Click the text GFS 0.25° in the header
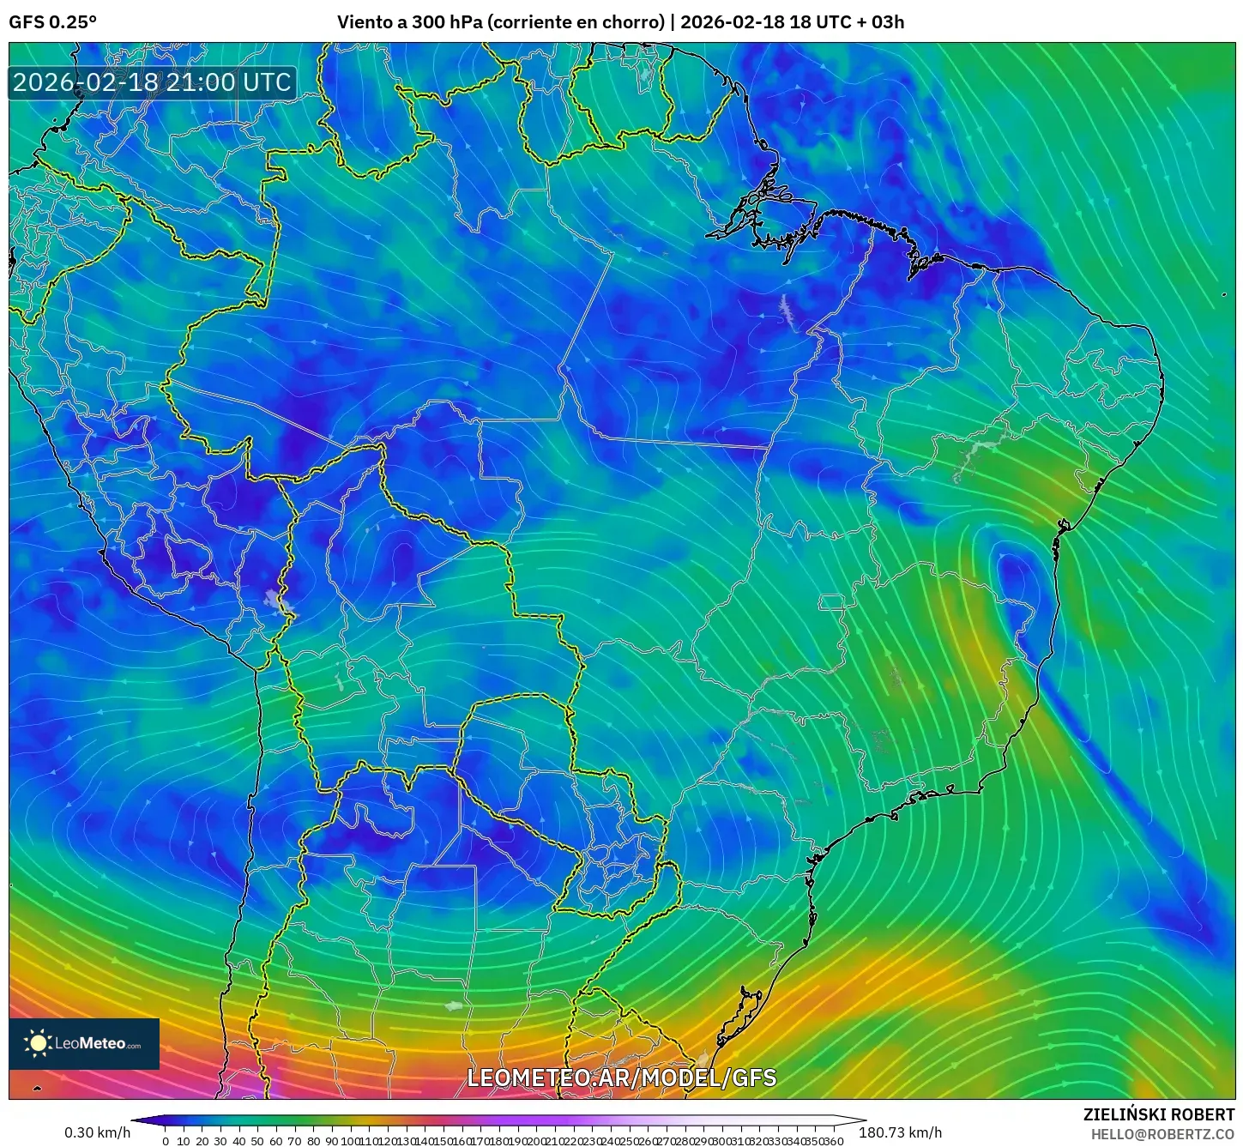coord(52,22)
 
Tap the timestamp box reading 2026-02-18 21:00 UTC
coord(152,82)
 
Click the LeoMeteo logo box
coord(84,1044)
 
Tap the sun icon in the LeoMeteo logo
coord(38,1043)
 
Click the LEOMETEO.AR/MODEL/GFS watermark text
coord(622,1078)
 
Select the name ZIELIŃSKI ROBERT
coord(1159,1114)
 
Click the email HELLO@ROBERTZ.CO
coord(1162,1134)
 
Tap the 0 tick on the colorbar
coord(166,1141)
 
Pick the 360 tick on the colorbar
coord(834,1141)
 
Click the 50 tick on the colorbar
coord(257,1141)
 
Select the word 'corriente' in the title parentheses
coord(531,22)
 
